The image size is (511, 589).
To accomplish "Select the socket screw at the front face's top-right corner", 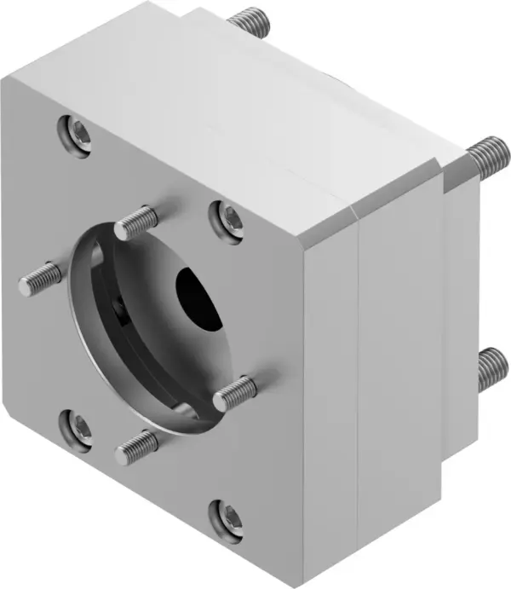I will click(x=227, y=219).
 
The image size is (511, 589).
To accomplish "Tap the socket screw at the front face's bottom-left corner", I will click(x=78, y=425).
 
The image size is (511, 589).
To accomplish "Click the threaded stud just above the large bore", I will click(x=137, y=223).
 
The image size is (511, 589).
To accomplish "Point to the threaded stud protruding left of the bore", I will click(x=40, y=279).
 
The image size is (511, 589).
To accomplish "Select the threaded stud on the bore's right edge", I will click(x=235, y=393).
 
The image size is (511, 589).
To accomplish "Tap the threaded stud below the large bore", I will click(x=136, y=446).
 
